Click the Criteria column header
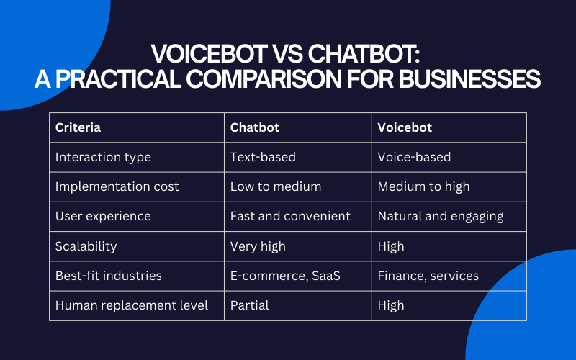pos(78,128)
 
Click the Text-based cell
pos(264,157)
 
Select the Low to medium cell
pos(276,186)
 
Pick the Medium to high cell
pos(423,186)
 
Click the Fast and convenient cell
pos(290,216)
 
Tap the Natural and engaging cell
pos(441,216)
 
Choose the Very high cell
pos(258,246)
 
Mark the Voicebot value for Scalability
pos(391,246)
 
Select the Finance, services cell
pos(428,276)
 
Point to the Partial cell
pos(249,305)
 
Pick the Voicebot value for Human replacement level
pos(391,305)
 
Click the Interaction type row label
pos(103,157)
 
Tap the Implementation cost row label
pos(117,186)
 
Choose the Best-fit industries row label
pos(108,276)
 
